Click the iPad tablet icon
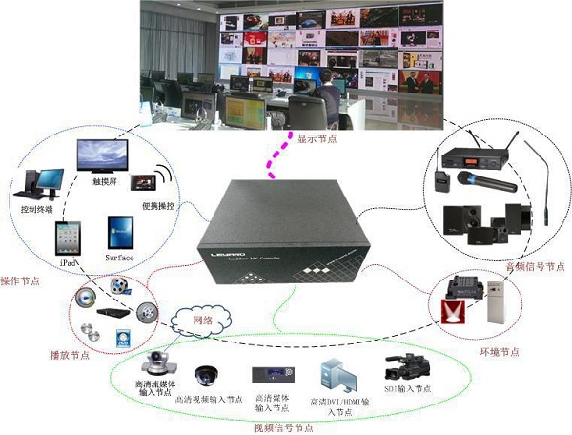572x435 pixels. [67, 237]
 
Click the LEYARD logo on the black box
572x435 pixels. [221, 257]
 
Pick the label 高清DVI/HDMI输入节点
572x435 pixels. [338, 406]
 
